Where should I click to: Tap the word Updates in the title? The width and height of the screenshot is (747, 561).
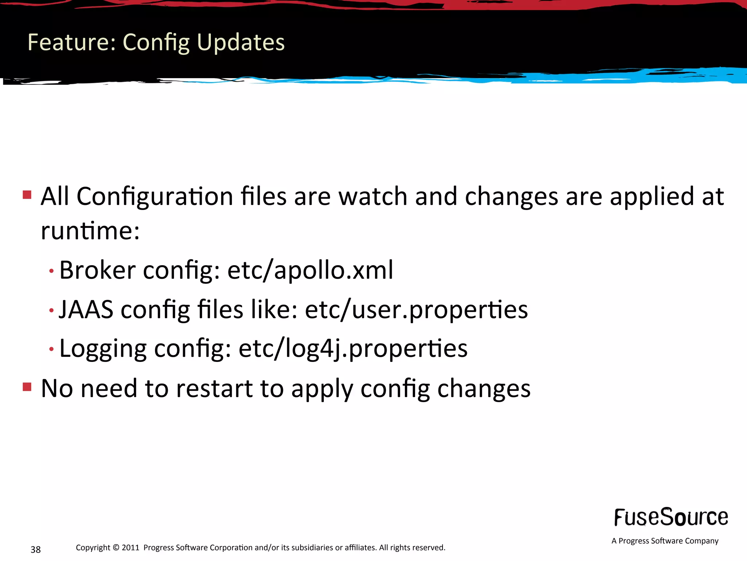point(240,42)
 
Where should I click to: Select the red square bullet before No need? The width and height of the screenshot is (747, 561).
point(27,386)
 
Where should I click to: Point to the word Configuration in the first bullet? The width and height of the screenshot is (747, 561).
point(155,196)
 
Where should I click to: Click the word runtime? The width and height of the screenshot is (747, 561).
point(90,231)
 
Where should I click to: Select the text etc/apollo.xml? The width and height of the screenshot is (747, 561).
point(310,270)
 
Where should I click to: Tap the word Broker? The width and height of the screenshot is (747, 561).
point(97,270)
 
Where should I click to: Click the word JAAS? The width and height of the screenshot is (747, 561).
point(86,309)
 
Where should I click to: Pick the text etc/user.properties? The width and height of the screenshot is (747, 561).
point(416,309)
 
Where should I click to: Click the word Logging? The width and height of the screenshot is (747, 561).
point(102,348)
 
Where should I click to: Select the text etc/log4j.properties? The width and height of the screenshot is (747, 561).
point(353,348)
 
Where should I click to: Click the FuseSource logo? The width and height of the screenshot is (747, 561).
point(671,517)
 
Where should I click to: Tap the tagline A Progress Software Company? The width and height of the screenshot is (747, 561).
point(665,541)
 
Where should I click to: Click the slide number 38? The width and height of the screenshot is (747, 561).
point(35,549)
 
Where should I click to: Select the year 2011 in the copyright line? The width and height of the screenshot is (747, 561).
point(130,547)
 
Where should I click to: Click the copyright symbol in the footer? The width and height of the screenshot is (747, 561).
point(116,547)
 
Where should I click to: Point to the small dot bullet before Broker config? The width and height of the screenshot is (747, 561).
point(51,271)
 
